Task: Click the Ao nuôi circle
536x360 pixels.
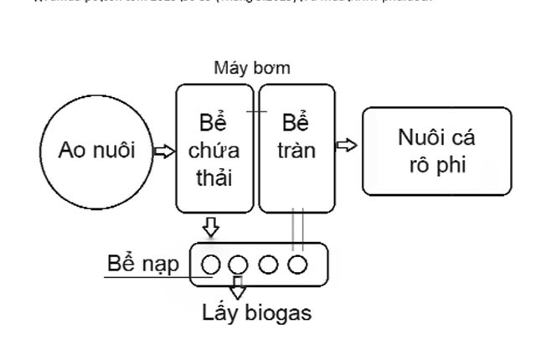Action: tap(97, 151)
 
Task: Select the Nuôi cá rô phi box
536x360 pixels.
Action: tap(435, 151)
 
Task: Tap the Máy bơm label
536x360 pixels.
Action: tap(251, 68)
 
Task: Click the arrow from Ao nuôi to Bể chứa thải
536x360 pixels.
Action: tap(163, 152)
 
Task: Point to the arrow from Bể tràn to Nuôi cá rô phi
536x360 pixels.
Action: tap(346, 146)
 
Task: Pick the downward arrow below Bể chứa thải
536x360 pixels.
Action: tap(211, 226)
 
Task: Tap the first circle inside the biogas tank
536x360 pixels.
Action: tap(211, 265)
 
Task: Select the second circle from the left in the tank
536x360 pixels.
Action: tap(239, 265)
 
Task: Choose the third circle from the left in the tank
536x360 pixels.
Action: tap(268, 265)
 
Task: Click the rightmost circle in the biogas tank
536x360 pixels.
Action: tap(297, 265)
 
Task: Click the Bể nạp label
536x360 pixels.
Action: tap(142, 264)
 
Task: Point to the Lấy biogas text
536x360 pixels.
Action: tap(256, 313)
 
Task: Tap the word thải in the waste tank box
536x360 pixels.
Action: tap(214, 178)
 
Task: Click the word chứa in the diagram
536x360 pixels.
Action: tap(214, 152)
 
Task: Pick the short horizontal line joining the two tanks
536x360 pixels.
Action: tap(256, 111)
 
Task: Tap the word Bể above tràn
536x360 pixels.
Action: tap(296, 124)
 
